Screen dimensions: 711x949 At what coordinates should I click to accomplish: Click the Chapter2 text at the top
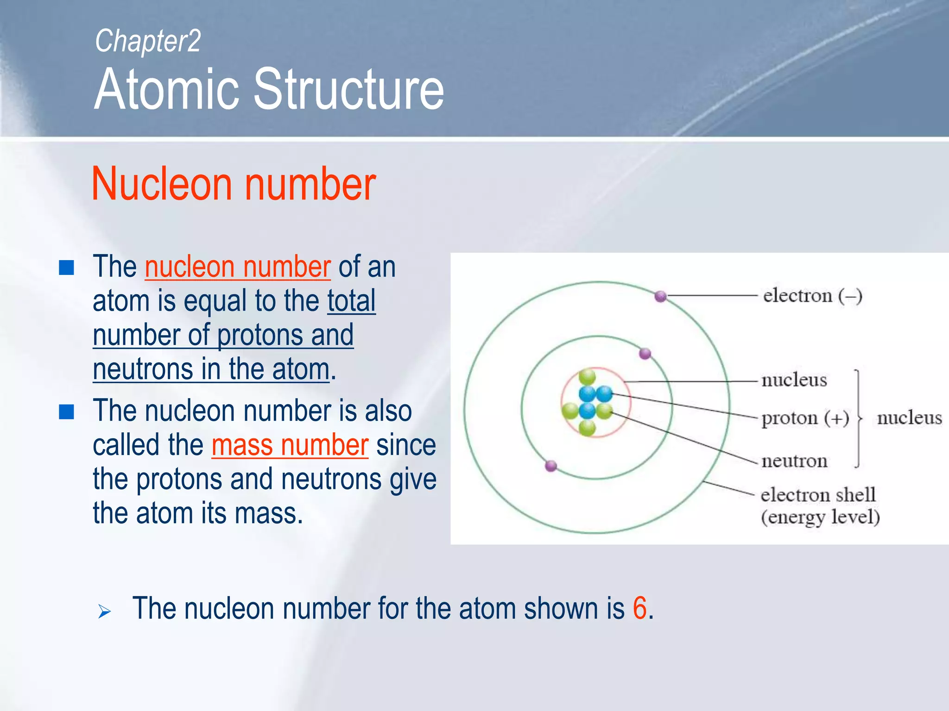point(147,41)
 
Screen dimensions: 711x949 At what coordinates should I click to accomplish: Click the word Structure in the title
point(348,89)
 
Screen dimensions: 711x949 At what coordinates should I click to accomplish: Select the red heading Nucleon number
point(234,184)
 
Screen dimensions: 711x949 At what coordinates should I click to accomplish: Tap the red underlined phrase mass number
point(290,445)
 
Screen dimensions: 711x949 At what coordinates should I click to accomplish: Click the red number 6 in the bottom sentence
point(639,608)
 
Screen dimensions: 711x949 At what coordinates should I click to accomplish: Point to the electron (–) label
point(812,296)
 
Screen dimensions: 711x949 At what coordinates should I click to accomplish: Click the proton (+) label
point(805,418)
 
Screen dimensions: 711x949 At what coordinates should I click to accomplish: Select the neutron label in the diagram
point(794,461)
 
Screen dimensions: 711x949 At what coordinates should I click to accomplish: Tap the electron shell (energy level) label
point(819,506)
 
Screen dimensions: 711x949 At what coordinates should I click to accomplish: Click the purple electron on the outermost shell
point(660,296)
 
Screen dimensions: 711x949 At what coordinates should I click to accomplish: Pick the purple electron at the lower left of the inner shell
point(551,466)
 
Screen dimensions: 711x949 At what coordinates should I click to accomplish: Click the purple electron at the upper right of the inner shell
point(645,354)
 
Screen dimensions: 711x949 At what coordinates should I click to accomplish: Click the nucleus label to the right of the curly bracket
point(909,418)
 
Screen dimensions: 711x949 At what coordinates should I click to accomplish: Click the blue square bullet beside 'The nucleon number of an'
point(67,268)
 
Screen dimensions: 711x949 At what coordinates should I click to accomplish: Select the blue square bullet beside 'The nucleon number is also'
point(67,412)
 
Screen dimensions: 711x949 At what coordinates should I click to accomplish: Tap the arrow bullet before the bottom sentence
point(105,611)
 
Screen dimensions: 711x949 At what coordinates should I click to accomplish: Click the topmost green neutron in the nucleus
point(587,376)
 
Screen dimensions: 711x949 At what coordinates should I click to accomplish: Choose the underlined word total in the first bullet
point(351,301)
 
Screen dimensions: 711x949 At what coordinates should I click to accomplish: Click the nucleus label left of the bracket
point(794,380)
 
